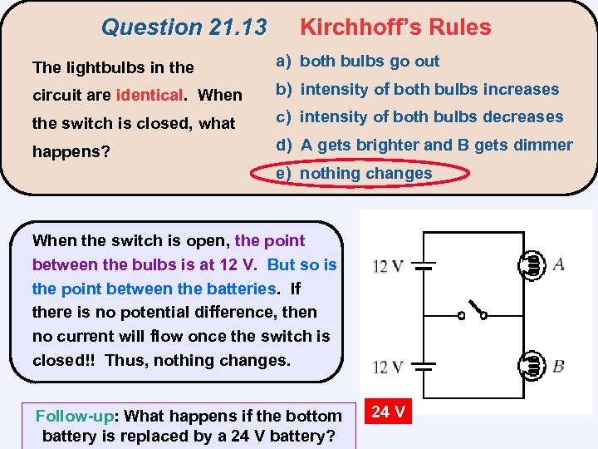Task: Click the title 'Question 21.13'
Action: pyautogui.click(x=184, y=27)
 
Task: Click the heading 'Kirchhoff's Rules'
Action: pyautogui.click(x=395, y=27)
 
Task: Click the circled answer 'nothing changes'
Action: pyautogui.click(x=365, y=173)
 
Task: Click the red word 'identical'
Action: pyautogui.click(x=150, y=95)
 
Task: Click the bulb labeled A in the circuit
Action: pyautogui.click(x=533, y=264)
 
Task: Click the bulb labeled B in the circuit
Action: pyautogui.click(x=533, y=365)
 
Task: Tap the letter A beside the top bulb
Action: pyautogui.click(x=558, y=264)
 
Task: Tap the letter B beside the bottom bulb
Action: pyautogui.click(x=558, y=366)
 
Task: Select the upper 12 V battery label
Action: pyautogui.click(x=388, y=267)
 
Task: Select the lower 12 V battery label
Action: pyautogui.click(x=388, y=367)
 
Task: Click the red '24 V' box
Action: pyautogui.click(x=388, y=412)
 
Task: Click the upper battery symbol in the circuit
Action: pyautogui.click(x=425, y=267)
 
